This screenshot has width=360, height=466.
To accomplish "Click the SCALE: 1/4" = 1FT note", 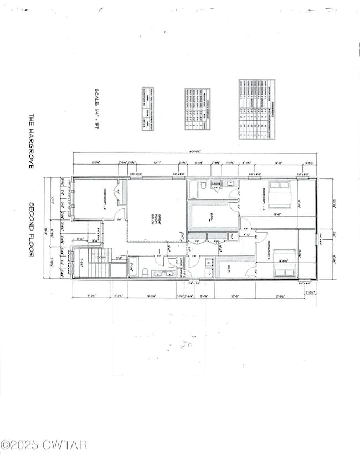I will pyautogui.click(x=100, y=110).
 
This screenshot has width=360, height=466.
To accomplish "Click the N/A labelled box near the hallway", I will pyautogui.click(x=232, y=237).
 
